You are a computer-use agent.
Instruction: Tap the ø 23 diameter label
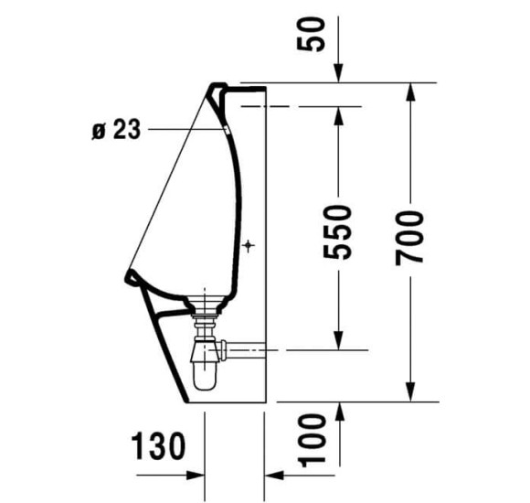coord(116,130)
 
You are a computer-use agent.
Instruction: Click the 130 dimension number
coord(156,446)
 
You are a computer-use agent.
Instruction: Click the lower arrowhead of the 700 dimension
coord(410,392)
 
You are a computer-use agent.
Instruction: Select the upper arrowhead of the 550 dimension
coord(339,113)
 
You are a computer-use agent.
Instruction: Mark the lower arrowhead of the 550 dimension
coord(339,342)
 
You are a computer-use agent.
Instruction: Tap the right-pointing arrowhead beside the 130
coord(194,476)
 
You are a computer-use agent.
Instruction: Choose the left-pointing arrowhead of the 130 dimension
coord(273,476)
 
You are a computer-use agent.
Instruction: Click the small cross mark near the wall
coord(249,245)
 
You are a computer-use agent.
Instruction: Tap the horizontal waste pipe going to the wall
coord(241,348)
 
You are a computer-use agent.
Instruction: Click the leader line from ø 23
coord(183,129)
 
